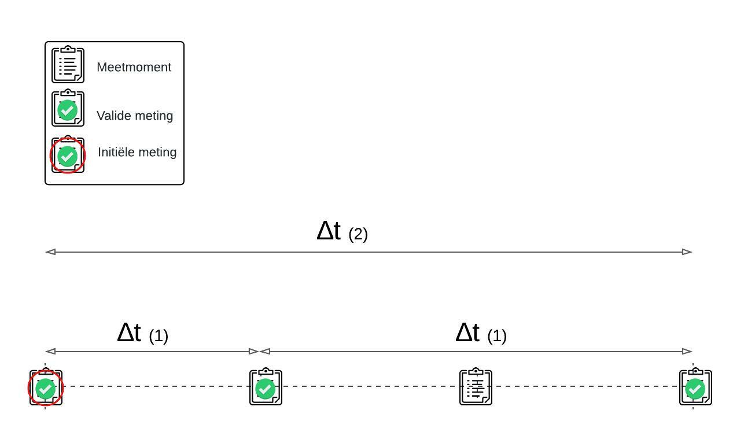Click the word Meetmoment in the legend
pyautogui.click(x=134, y=67)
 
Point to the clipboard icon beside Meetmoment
pyautogui.click(x=68, y=65)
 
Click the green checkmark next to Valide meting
pyautogui.click(x=68, y=110)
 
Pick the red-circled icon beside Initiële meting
pyautogui.click(x=68, y=156)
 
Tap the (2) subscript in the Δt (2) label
pyautogui.click(x=358, y=234)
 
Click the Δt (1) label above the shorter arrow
pyautogui.click(x=142, y=334)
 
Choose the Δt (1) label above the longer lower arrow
pyautogui.click(x=481, y=334)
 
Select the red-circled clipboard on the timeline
pyautogui.click(x=46, y=388)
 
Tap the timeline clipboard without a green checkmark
pyautogui.click(x=476, y=387)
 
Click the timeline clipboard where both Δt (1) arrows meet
pyautogui.click(x=266, y=387)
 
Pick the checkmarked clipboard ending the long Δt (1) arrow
pyautogui.click(x=695, y=387)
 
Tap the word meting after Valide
pyautogui.click(x=154, y=116)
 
